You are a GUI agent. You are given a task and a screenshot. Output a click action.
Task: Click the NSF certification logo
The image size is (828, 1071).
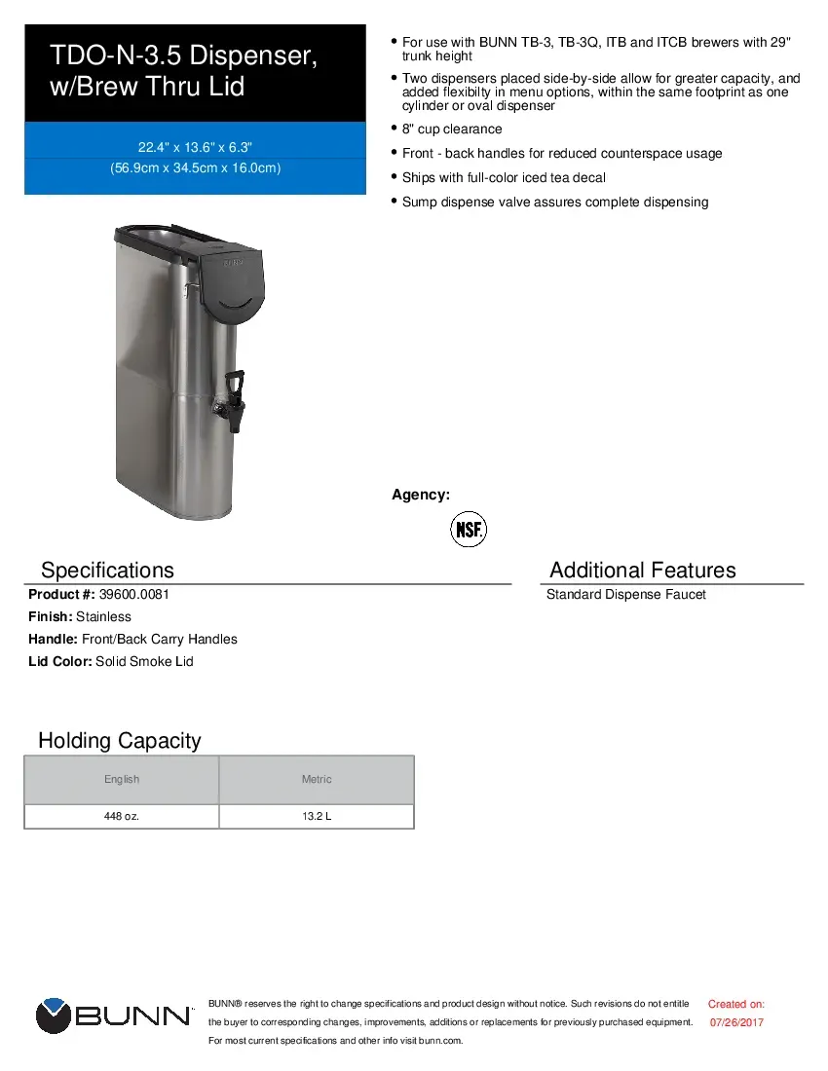468,530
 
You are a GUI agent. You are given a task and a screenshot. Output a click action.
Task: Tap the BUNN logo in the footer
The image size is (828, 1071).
114,1016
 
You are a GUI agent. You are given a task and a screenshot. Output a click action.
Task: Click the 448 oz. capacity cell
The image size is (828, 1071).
122,816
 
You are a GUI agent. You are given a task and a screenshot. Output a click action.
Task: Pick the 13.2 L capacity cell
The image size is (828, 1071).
317,816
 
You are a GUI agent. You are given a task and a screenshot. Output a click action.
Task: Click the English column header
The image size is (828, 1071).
122,779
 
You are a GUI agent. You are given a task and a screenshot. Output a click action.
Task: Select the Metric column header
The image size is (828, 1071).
317,779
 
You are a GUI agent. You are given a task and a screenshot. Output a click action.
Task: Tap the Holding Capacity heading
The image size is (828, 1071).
119,741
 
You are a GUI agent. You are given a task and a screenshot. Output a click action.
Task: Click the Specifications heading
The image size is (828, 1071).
107,571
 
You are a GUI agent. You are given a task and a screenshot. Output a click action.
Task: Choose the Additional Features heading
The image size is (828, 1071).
642,571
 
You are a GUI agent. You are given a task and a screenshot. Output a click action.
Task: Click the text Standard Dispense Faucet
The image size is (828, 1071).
625,594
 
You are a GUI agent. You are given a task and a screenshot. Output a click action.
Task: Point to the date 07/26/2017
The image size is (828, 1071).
736,1022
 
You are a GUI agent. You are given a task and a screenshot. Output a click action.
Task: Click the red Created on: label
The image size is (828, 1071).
735,1004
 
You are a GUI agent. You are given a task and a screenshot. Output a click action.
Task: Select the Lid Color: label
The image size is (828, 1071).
60,661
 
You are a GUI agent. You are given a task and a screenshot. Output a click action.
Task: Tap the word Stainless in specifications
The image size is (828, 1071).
103,616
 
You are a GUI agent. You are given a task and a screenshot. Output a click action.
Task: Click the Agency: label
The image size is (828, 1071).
421,495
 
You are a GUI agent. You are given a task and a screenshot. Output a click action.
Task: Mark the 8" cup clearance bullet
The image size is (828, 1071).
452,129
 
